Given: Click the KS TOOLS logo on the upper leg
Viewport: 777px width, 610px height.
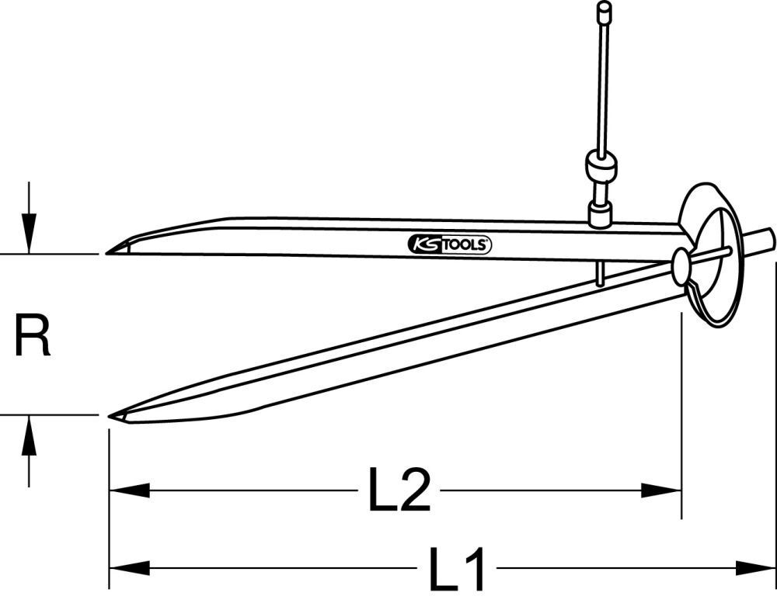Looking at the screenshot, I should click(x=449, y=245).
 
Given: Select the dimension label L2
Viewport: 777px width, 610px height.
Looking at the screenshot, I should click(x=399, y=490).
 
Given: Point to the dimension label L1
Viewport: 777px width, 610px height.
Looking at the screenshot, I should click(x=457, y=570).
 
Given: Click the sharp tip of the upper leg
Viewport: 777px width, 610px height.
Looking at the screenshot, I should click(x=108, y=252).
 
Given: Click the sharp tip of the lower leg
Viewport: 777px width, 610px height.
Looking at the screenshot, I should click(x=110, y=416).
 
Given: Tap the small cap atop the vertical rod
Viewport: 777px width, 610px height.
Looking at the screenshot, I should click(x=603, y=11).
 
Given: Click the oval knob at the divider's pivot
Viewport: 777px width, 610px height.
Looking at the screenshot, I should click(x=681, y=267).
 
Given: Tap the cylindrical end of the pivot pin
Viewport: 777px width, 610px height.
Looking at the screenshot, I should click(x=762, y=240).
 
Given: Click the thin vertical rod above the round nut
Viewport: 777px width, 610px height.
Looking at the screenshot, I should click(x=602, y=85).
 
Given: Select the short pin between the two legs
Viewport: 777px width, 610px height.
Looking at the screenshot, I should click(x=599, y=273).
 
